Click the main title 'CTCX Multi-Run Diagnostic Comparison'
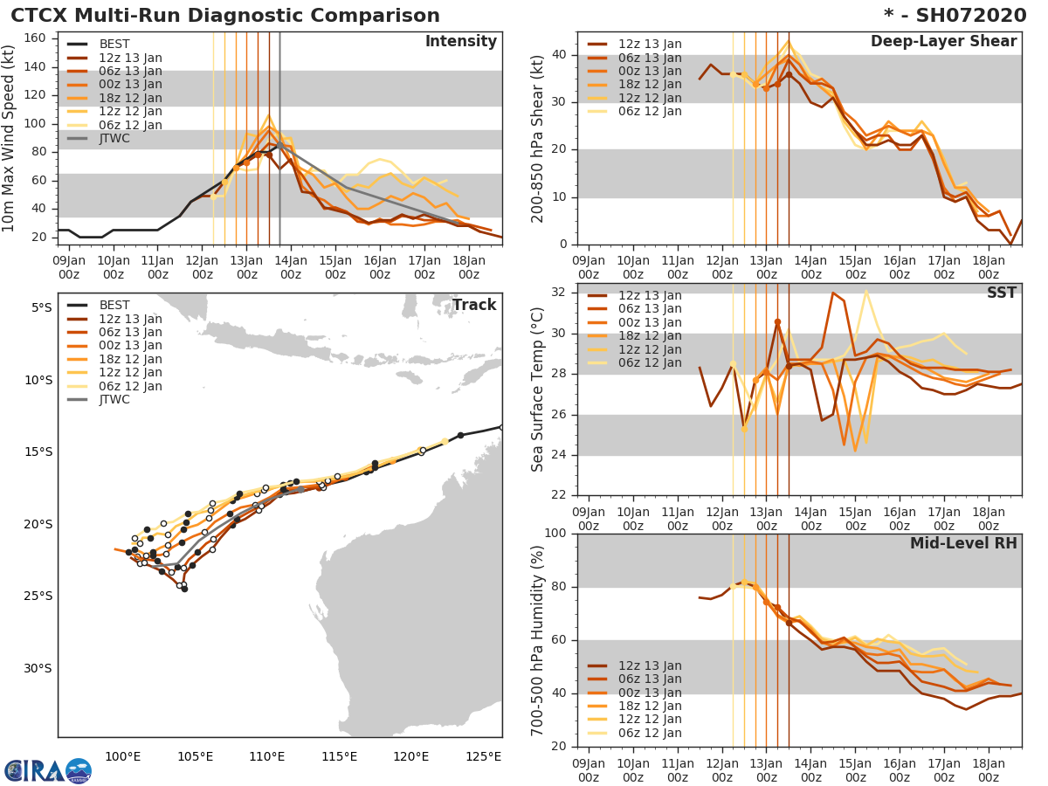pyautogui.click(x=225, y=16)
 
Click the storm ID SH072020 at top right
pyautogui.click(x=965, y=16)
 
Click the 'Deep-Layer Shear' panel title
pyautogui.click(x=943, y=42)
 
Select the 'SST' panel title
pyautogui.click(x=1001, y=293)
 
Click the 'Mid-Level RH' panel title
pyautogui.click(x=963, y=544)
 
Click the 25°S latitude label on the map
pyautogui.click(x=39, y=596)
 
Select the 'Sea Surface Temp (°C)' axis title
pyautogui.click(x=539, y=390)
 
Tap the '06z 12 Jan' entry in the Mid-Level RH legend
pyautogui.click(x=650, y=733)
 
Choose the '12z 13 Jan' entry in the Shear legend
pyautogui.click(x=650, y=45)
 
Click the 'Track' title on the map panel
pyautogui.click(x=473, y=305)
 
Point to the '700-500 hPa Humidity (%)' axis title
pyautogui.click(x=539, y=641)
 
